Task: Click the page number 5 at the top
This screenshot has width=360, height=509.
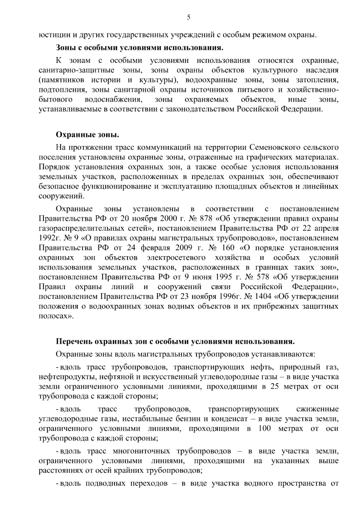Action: coord(188,17)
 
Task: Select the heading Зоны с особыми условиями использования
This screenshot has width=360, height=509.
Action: coord(140,48)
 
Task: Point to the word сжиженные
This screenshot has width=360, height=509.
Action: coord(317,409)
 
